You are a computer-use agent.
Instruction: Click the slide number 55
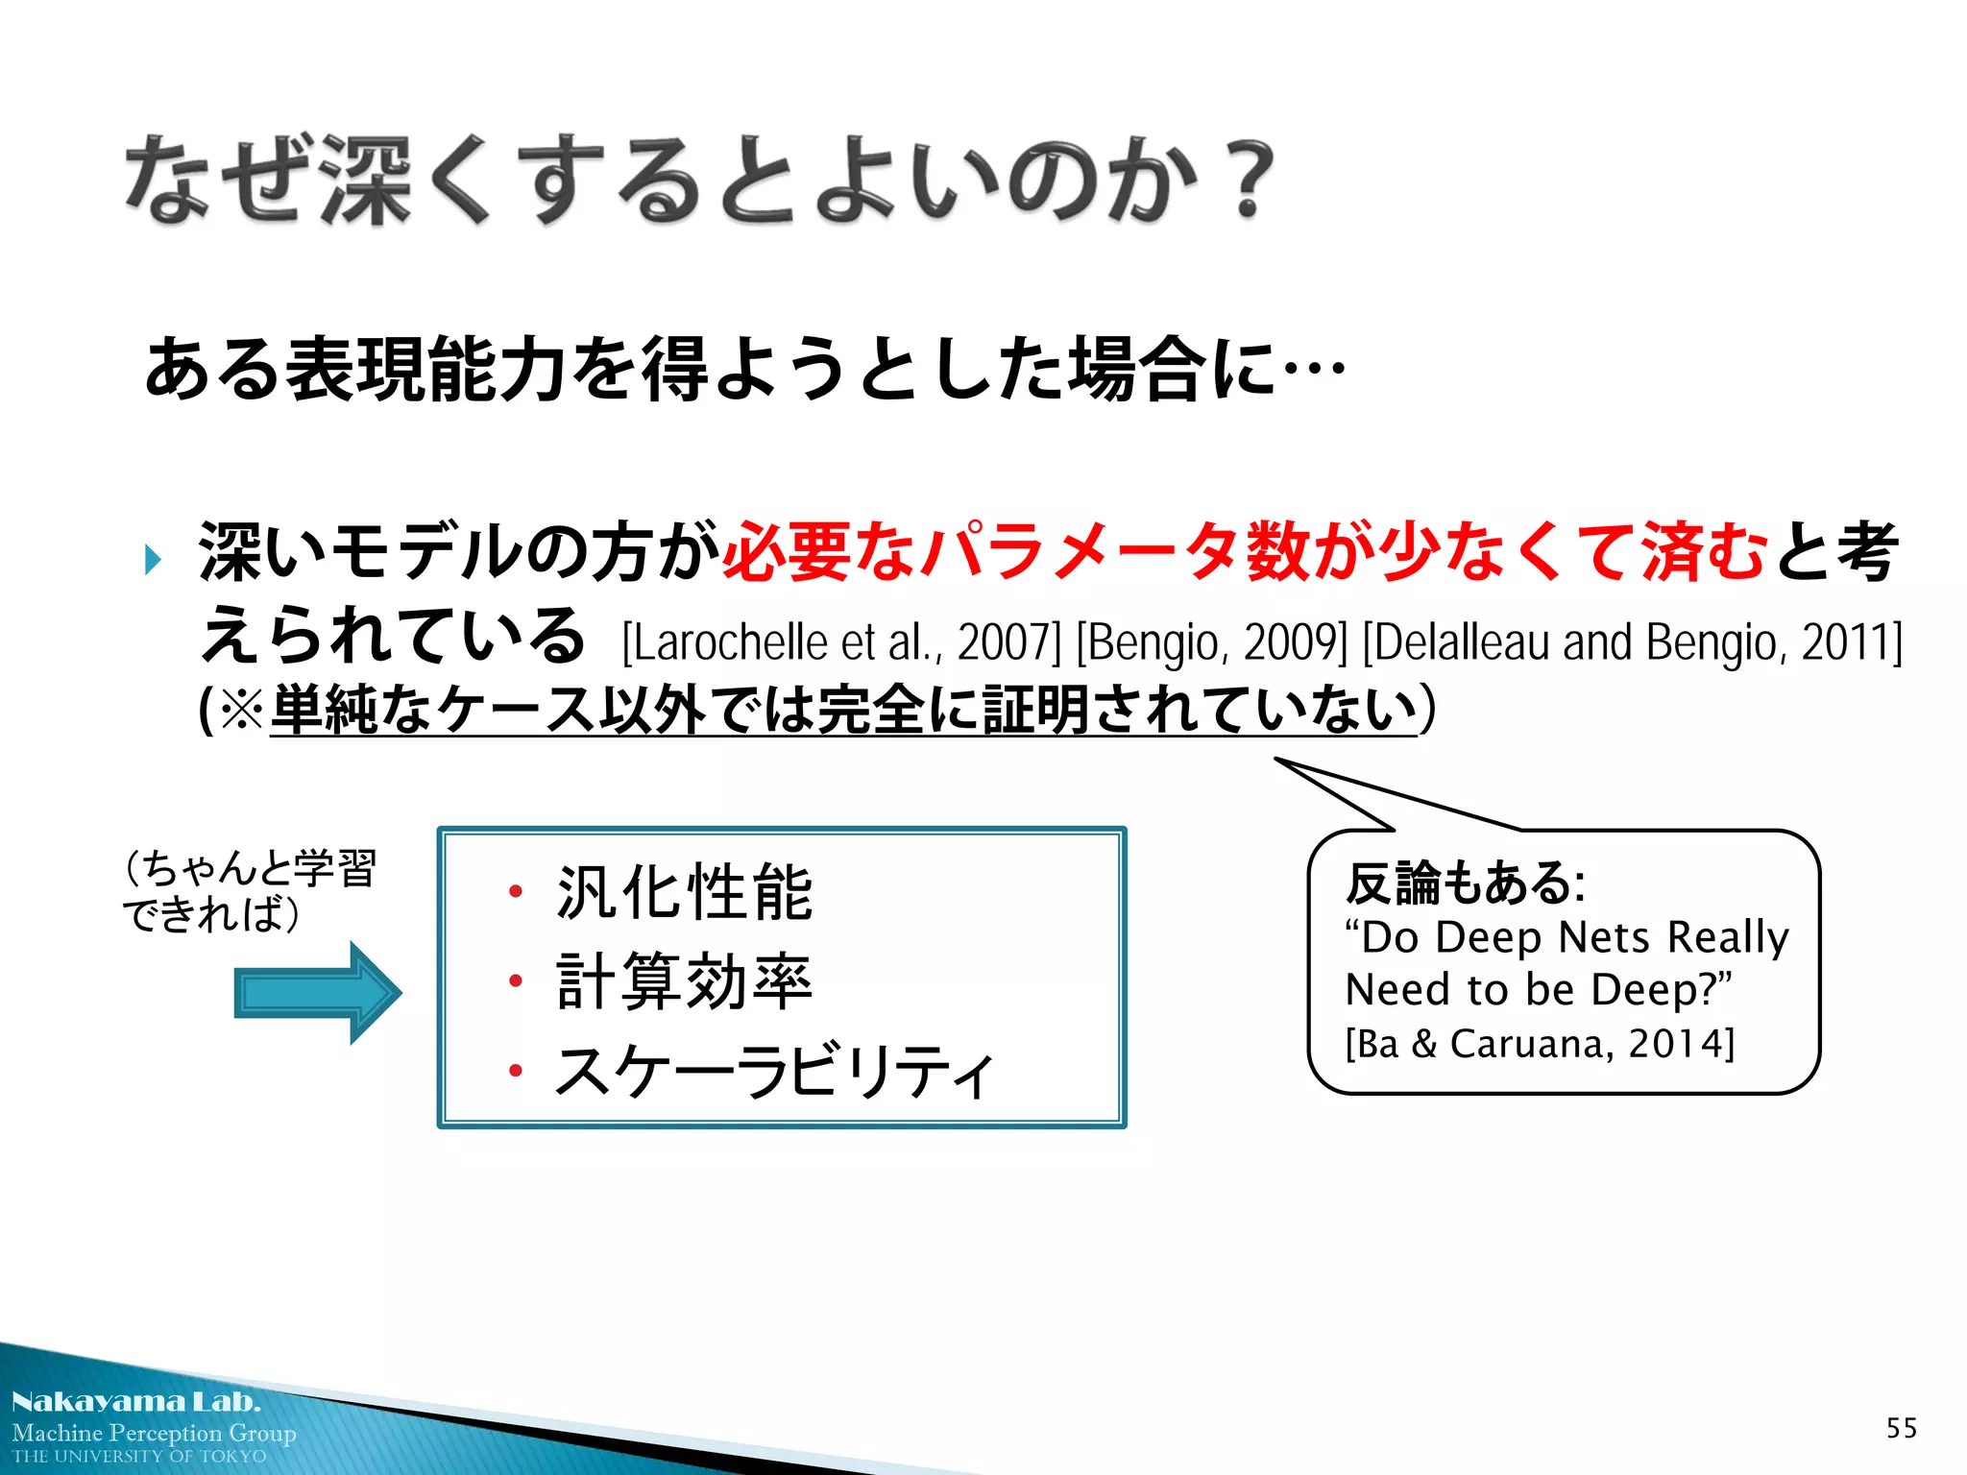(1901, 1428)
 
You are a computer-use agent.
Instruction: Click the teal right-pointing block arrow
(317, 993)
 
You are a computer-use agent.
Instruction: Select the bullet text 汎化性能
(684, 893)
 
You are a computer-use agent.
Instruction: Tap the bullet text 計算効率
(684, 981)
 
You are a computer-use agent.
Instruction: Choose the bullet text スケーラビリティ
(774, 1071)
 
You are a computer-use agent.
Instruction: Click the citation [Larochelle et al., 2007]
(841, 642)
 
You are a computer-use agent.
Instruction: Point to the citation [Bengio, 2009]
(1212, 642)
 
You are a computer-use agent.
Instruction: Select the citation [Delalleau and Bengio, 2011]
(1632, 642)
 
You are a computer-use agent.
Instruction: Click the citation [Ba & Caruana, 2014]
(1540, 1043)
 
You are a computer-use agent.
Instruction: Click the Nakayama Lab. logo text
(135, 1402)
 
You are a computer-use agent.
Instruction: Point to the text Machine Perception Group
(154, 1433)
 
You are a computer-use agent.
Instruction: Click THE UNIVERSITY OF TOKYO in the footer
(139, 1457)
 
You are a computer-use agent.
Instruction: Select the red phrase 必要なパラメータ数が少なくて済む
(1245, 553)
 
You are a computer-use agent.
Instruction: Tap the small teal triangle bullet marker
(153, 559)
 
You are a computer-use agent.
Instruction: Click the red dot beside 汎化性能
(516, 892)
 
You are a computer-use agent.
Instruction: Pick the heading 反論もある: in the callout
(1465, 883)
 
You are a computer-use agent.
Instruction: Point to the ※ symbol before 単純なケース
(241, 712)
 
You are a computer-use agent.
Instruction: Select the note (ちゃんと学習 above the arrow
(250, 868)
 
